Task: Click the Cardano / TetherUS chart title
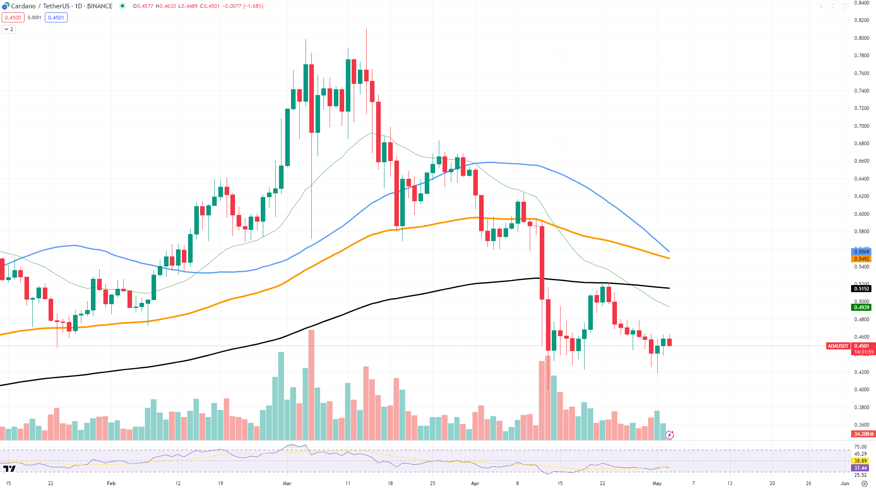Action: pyautogui.click(x=61, y=6)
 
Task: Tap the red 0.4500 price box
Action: pyautogui.click(x=13, y=18)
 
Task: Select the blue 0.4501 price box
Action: pyautogui.click(x=56, y=18)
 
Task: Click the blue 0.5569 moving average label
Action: pyautogui.click(x=861, y=252)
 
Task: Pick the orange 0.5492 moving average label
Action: pyautogui.click(x=861, y=259)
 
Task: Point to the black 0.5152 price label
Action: pyautogui.click(x=861, y=289)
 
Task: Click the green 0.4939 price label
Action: pyautogui.click(x=861, y=307)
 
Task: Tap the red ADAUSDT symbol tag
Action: pyautogui.click(x=838, y=346)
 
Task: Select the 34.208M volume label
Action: pyautogui.click(x=863, y=434)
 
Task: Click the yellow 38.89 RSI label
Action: pyautogui.click(x=860, y=461)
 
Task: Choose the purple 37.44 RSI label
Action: pyautogui.click(x=860, y=468)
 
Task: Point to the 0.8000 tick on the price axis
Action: pyautogui.click(x=861, y=38)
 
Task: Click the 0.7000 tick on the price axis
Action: pyautogui.click(x=861, y=126)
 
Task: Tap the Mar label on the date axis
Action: pyautogui.click(x=287, y=483)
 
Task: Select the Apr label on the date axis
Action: pyautogui.click(x=475, y=483)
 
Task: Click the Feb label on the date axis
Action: pyautogui.click(x=111, y=483)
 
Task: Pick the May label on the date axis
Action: pyautogui.click(x=657, y=483)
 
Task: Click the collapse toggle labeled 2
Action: pyautogui.click(x=9, y=29)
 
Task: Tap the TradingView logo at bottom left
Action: pyautogui.click(x=9, y=469)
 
